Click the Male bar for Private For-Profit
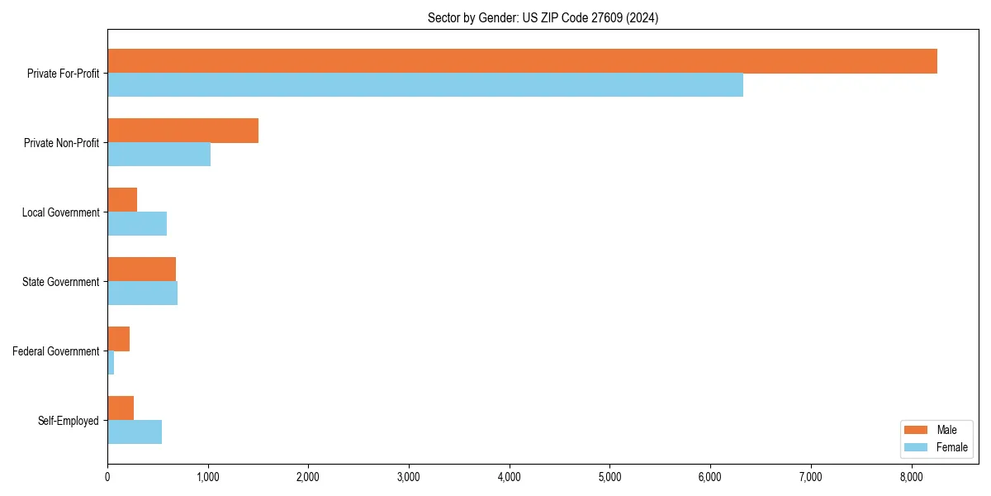point(522,61)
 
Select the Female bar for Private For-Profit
point(425,85)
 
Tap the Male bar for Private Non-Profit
point(183,131)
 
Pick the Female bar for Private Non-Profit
point(159,155)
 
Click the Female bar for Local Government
point(137,224)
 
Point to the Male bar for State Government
point(141,269)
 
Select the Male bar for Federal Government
point(118,339)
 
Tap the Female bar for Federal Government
point(111,363)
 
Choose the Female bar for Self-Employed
point(135,432)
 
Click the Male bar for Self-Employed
point(121,408)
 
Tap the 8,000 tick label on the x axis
point(911,478)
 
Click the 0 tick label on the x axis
point(107,478)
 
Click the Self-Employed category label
point(69,421)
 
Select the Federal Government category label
point(56,351)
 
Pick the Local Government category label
point(61,212)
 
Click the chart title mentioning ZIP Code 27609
point(543,17)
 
